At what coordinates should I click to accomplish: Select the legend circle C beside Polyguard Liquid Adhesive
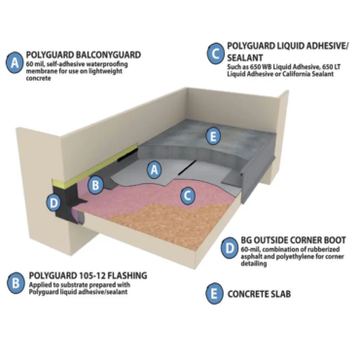point(213,53)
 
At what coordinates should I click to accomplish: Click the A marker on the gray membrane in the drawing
point(153,167)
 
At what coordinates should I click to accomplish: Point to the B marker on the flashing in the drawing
point(95,183)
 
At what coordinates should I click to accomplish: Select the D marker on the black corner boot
point(55,202)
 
